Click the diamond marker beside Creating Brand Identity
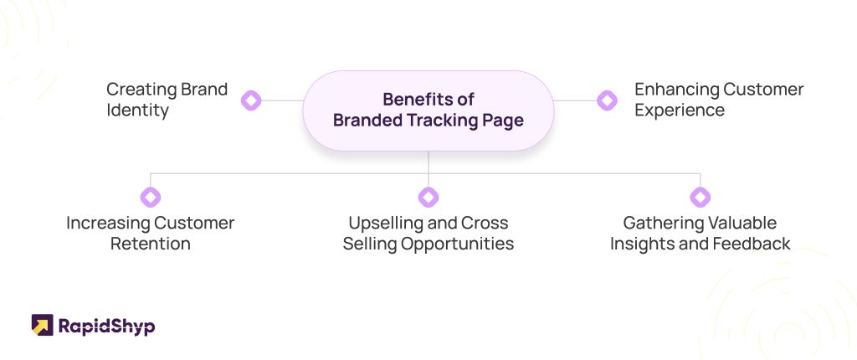(251, 100)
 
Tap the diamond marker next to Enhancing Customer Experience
(607, 100)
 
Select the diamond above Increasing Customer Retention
(151, 197)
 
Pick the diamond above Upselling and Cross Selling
(428, 197)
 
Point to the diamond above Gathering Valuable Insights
(700, 197)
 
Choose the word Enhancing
(676, 90)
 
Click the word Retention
(151, 244)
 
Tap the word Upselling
(381, 224)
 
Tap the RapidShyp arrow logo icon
(42, 325)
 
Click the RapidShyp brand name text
(106, 327)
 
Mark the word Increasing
(106, 224)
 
